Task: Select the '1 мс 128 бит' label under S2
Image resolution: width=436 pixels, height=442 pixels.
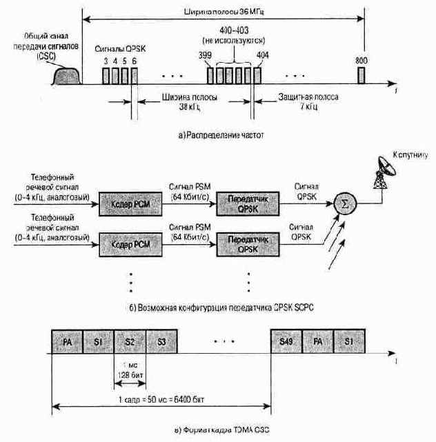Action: coord(130,369)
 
